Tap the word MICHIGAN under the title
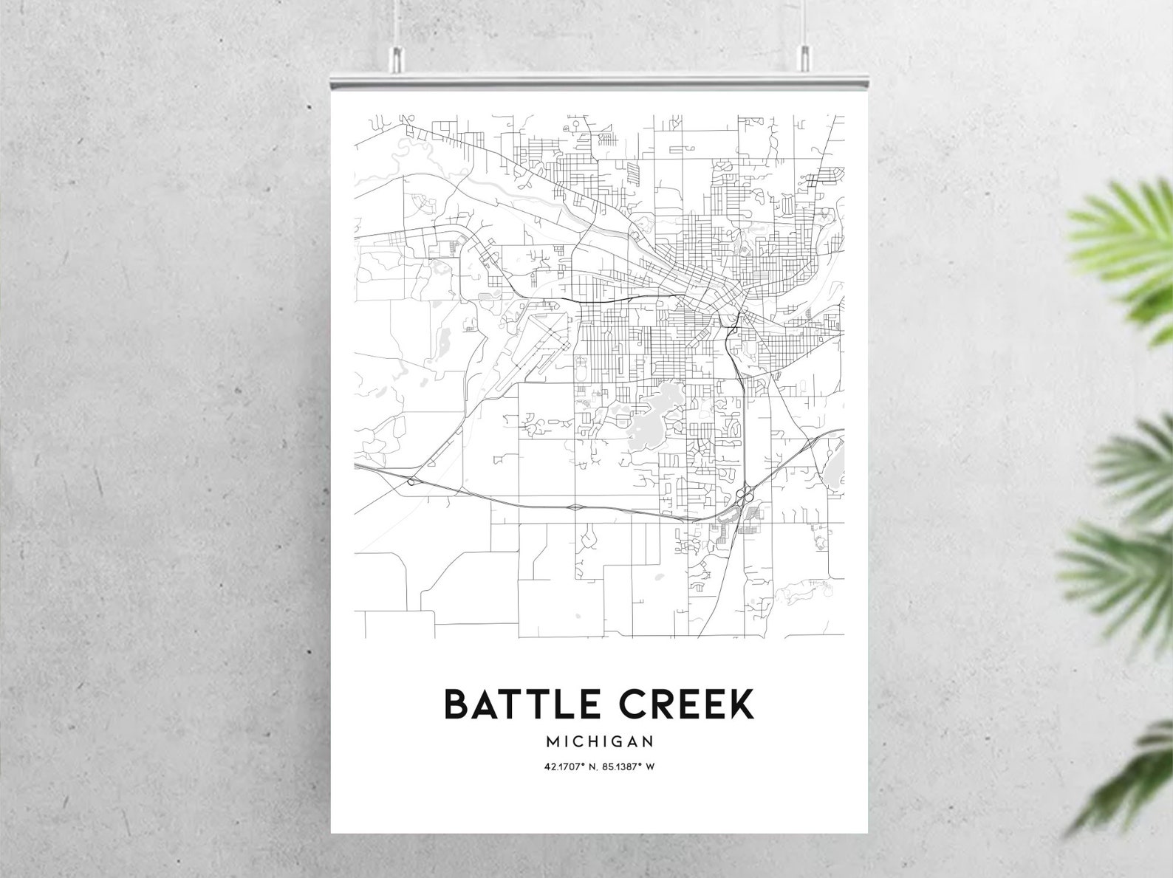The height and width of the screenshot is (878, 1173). tap(599, 741)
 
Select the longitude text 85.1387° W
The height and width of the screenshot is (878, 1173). tap(629, 766)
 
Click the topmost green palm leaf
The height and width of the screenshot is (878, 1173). tap(1123, 244)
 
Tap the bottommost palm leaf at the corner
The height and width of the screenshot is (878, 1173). tap(1130, 783)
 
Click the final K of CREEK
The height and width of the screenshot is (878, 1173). tap(740, 704)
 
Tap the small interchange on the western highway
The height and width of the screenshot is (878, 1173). tap(411, 481)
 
